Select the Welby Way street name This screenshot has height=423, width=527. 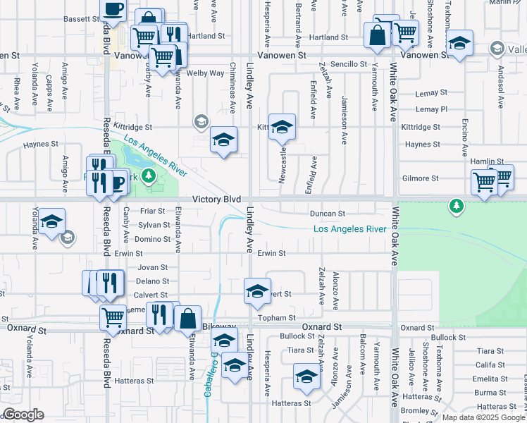coord(206,73)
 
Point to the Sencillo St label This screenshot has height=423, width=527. coord(349,64)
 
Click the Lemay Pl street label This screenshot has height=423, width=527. coord(431,109)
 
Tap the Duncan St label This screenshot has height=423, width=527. coord(328,213)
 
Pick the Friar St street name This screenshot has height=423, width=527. coord(152,211)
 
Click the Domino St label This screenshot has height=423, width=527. coord(153,239)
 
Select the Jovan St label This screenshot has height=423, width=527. coord(153,267)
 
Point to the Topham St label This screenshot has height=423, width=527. coord(275,318)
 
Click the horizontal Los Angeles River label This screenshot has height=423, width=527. coord(349,229)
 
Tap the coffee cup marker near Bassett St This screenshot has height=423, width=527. coord(112,11)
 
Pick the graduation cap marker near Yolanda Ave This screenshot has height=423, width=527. coord(51,221)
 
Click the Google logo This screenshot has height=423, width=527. coord(23,415)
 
